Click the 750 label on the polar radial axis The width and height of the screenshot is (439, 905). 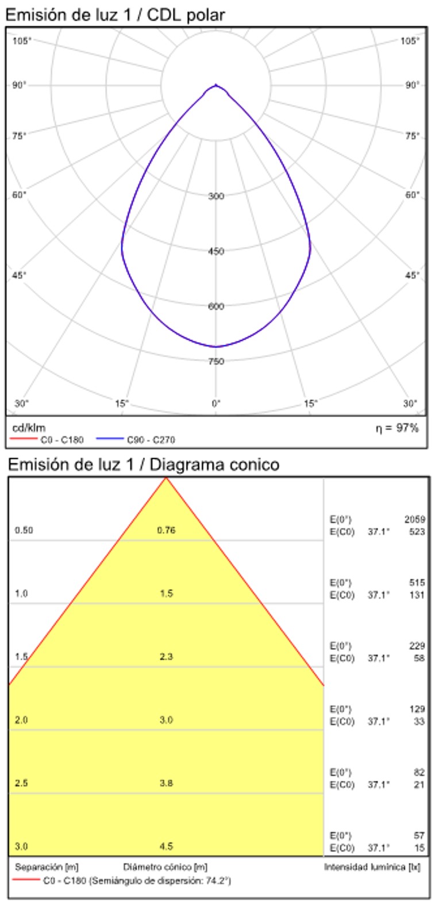[x=216, y=361]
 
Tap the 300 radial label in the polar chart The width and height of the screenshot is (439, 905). [x=216, y=196]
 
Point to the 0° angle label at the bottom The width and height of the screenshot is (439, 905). [x=216, y=404]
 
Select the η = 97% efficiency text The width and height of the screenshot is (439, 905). [x=397, y=428]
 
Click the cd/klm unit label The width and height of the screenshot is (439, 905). [x=29, y=428]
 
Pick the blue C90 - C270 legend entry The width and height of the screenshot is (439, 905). [x=136, y=440]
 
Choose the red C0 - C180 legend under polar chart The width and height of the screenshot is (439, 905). [x=48, y=440]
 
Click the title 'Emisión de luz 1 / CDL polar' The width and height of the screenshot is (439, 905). [x=115, y=14]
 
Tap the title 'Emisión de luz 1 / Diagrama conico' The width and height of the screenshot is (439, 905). [x=144, y=464]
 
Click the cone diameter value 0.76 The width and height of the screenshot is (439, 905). [x=166, y=530]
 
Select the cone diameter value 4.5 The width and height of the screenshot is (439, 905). [x=166, y=846]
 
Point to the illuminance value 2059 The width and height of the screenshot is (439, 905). [x=414, y=519]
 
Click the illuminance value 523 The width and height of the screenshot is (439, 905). [x=417, y=532]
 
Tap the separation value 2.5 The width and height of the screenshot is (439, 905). [x=21, y=783]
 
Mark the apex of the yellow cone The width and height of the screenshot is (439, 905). [x=166, y=478]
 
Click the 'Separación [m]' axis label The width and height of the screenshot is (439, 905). [x=47, y=867]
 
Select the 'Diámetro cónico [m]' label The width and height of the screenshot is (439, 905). [x=165, y=867]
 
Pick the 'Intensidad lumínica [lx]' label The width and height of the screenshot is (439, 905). [x=372, y=867]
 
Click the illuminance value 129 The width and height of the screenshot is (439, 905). [x=417, y=710]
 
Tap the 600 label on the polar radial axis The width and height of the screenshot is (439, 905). [x=216, y=306]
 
